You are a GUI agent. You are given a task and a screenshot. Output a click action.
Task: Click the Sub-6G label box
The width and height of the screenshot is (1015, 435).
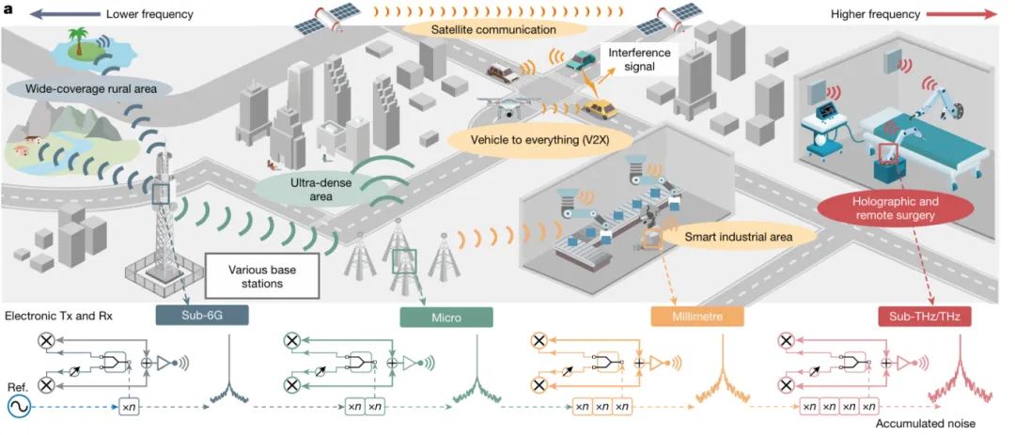(201, 317)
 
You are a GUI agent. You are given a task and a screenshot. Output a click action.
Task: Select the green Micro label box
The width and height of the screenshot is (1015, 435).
(446, 317)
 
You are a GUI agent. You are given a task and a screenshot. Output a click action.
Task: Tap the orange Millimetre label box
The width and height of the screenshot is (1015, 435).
(696, 318)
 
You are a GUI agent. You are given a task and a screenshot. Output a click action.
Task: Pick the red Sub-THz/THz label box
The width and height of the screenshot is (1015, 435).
(925, 318)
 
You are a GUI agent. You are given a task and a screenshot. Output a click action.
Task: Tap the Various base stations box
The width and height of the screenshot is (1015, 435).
(261, 273)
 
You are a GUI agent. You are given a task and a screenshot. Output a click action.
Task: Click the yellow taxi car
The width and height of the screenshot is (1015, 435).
(599, 109)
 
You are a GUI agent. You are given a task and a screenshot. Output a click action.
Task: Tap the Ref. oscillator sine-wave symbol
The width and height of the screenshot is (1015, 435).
(18, 407)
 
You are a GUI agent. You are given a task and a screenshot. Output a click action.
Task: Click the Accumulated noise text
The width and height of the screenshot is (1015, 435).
(928, 424)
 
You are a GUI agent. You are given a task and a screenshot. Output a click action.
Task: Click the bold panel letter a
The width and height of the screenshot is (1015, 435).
(8, 12)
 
